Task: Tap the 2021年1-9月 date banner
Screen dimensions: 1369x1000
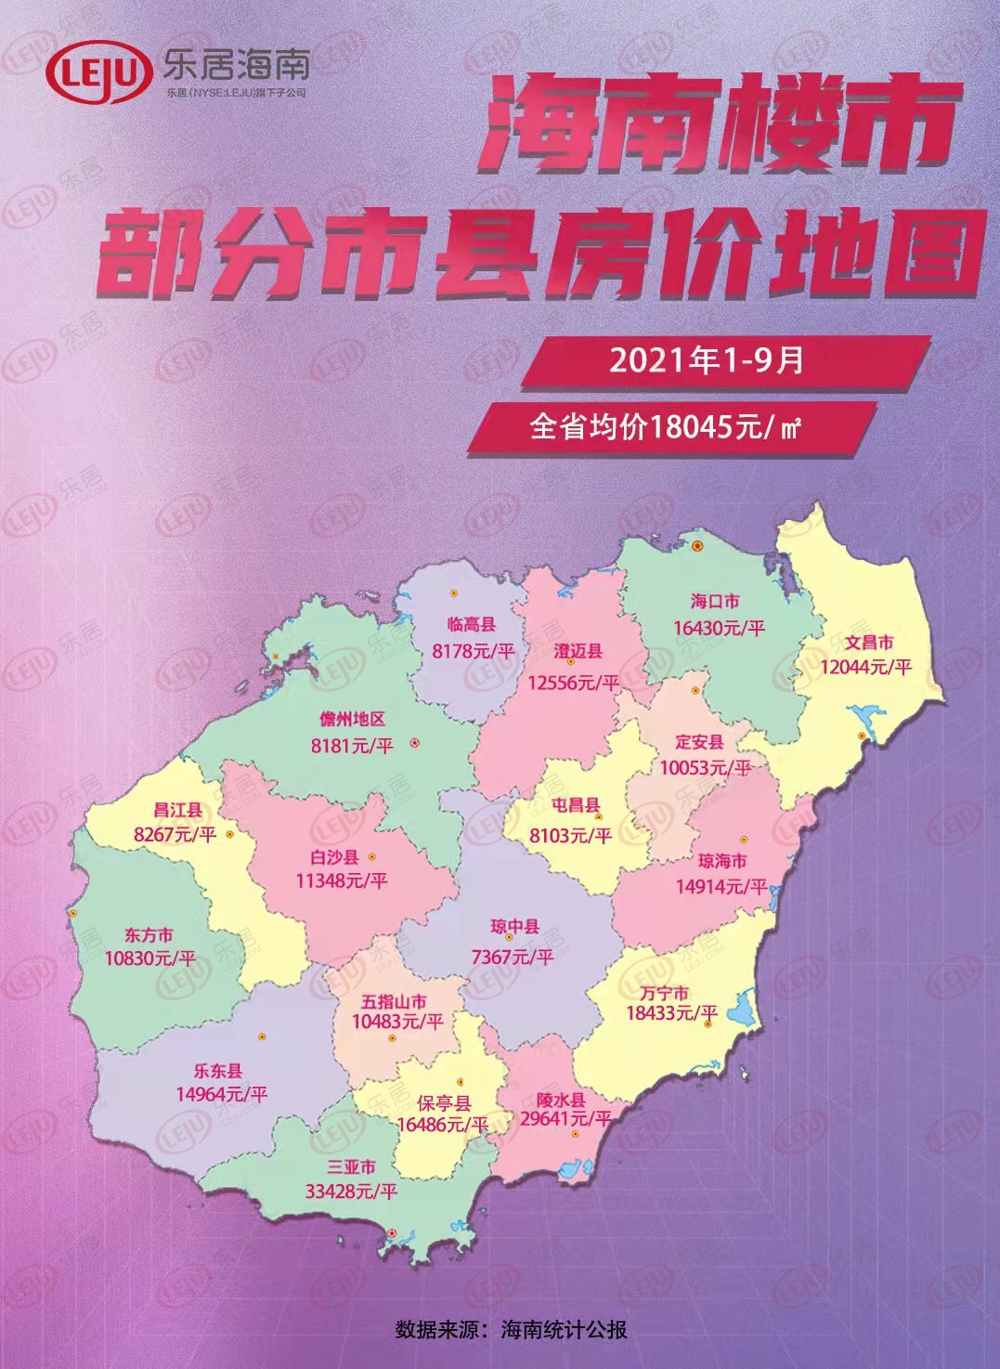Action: click(706, 360)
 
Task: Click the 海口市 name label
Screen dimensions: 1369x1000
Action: click(715, 602)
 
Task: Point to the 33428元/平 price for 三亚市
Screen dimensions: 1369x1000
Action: click(351, 1191)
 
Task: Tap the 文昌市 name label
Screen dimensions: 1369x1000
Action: click(869, 642)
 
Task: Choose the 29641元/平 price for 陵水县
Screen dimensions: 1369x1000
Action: click(565, 1119)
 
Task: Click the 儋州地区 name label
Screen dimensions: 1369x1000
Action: click(352, 720)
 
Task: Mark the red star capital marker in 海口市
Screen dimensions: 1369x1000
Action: click(696, 546)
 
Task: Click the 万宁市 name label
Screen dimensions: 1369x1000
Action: click(665, 993)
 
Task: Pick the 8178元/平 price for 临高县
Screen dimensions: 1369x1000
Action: click(473, 651)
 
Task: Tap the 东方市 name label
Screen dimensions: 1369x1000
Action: click(149, 935)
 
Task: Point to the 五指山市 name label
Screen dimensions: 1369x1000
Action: click(395, 1002)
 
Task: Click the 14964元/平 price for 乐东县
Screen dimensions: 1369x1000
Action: click(221, 1094)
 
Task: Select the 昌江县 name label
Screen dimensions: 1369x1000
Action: click(177, 811)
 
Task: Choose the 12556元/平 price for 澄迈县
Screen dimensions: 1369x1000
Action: click(573, 683)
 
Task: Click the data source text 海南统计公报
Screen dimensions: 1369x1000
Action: click(564, 1329)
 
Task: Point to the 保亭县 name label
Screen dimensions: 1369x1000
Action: click(444, 1103)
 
